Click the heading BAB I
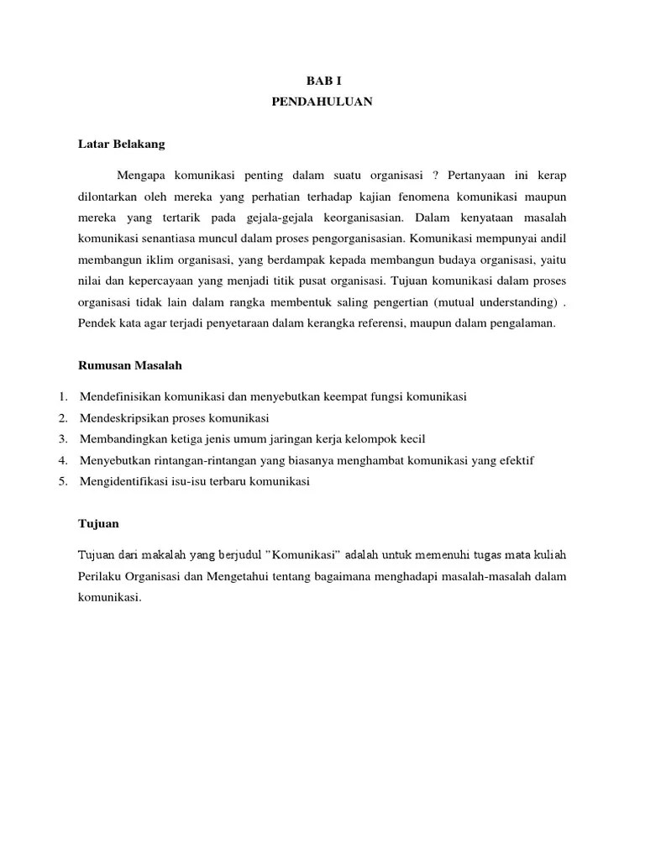tap(322, 81)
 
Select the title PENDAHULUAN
tap(322, 102)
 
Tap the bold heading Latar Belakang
tap(121, 144)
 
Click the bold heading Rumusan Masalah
tap(129, 365)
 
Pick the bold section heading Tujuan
tap(98, 523)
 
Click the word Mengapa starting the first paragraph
tap(144, 176)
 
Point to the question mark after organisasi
tap(436, 176)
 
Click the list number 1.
tap(62, 396)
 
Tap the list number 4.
tap(62, 460)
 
